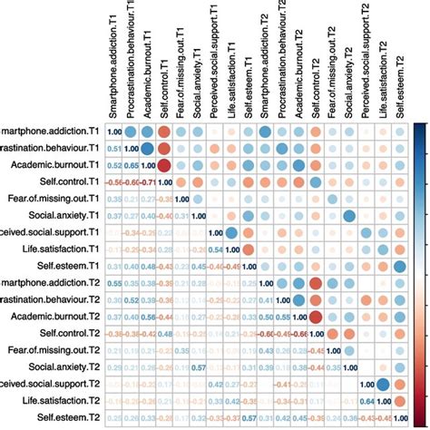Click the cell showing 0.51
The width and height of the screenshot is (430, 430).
pyautogui.click(x=113, y=149)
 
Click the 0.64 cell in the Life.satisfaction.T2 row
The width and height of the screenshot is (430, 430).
pyautogui.click(x=364, y=399)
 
